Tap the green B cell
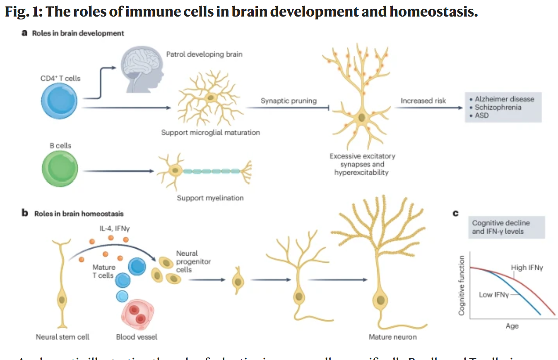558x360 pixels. coord(60,169)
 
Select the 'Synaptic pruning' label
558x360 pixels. coord(289,101)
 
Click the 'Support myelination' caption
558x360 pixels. coord(210,198)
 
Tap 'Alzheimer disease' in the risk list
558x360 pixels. coord(504,99)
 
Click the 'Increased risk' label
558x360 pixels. coord(423,101)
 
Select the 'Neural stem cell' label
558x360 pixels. coord(63,337)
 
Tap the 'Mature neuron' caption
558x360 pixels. coord(392,337)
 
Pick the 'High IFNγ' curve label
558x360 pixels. coord(527,268)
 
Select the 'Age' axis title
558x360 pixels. coord(512,326)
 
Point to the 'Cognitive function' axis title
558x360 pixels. coord(462,286)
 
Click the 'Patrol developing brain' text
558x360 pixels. coord(204,54)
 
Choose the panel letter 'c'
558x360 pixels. coord(455,214)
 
